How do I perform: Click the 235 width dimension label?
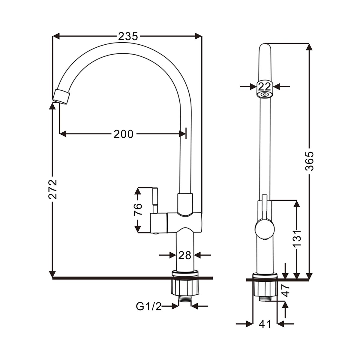(128, 37)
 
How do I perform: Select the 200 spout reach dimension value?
(123, 134)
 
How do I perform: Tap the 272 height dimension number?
(53, 189)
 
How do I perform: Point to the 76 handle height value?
(138, 209)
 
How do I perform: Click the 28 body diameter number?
(185, 255)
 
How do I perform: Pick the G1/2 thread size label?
(149, 306)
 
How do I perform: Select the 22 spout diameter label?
(265, 87)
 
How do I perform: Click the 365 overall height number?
(309, 161)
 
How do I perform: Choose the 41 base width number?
(265, 324)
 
